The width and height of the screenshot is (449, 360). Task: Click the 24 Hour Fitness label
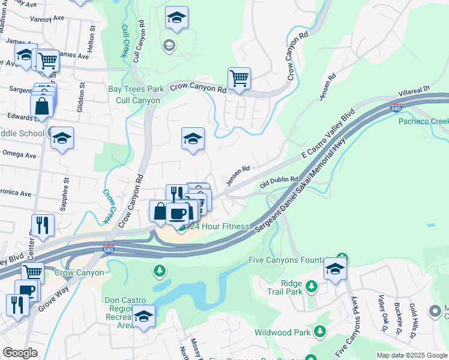click(219, 226)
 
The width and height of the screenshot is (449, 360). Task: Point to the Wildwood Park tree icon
click(321, 331)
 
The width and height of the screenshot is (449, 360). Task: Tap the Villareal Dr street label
click(414, 91)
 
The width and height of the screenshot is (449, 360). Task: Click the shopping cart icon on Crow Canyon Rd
click(239, 78)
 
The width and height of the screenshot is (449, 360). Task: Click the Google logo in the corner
click(20, 353)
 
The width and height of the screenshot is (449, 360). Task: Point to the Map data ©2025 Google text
click(411, 355)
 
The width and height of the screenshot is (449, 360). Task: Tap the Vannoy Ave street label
click(50, 18)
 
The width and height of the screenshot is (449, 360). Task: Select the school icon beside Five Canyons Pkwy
click(335, 269)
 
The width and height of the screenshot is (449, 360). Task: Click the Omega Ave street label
click(19, 155)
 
